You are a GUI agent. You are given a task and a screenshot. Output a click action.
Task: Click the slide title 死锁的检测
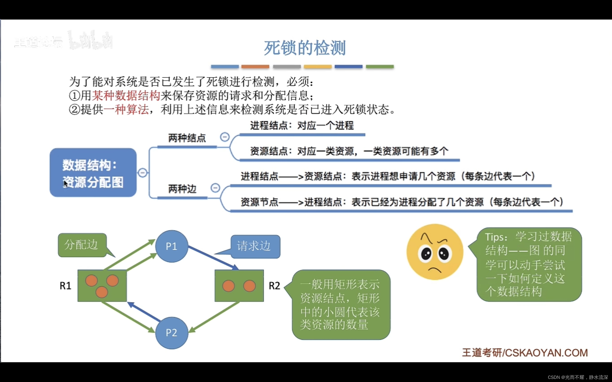(305, 48)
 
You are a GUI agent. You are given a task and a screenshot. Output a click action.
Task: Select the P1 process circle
(171, 246)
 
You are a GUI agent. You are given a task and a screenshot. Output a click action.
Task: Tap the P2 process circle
(171, 333)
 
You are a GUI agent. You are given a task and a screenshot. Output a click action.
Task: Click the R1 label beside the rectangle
(65, 286)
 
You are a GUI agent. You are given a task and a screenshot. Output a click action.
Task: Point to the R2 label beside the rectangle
(274, 286)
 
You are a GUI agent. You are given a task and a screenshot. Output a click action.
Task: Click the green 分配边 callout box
(82, 245)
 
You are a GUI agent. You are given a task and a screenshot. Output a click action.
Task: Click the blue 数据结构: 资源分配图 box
(93, 173)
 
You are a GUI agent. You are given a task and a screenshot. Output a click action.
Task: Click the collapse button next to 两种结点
(224, 137)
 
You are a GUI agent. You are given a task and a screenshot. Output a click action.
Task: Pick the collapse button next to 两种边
(215, 188)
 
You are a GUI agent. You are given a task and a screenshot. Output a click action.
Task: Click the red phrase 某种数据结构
(126, 95)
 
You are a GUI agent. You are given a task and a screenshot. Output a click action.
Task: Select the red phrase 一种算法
(126, 109)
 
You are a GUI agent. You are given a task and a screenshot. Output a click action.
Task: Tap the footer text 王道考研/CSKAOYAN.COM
(525, 353)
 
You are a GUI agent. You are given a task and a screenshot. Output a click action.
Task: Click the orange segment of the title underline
(255, 67)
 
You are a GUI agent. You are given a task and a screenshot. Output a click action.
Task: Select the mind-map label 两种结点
(187, 138)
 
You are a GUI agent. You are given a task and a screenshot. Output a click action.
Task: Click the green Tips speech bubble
(529, 264)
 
